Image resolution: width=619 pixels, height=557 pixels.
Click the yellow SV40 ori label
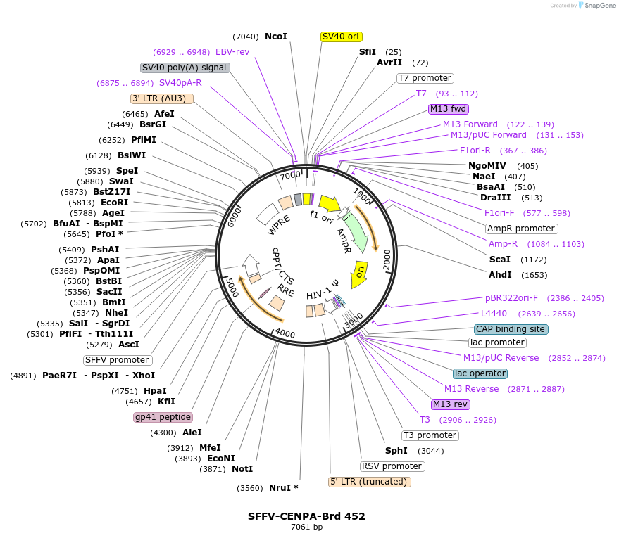341,37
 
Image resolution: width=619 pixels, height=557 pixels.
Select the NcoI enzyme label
275,37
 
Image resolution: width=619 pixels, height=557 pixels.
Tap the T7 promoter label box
425,78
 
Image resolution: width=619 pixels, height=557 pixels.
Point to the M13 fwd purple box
449,109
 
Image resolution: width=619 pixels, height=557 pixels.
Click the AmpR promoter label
521,229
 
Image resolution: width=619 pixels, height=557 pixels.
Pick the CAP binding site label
511,329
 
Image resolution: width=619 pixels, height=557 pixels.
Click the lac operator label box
480,373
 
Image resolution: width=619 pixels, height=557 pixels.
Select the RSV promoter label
392,466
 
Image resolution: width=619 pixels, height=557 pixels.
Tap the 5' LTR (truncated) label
369,482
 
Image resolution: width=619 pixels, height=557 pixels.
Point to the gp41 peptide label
163,417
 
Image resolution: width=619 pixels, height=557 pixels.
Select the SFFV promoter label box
118,360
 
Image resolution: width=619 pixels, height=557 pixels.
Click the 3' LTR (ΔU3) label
162,98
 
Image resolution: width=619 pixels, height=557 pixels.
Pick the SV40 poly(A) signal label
185,68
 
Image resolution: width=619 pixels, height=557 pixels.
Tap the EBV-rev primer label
232,52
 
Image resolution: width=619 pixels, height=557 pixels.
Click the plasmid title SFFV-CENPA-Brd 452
306,516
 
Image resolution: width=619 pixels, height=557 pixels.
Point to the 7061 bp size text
306,527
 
